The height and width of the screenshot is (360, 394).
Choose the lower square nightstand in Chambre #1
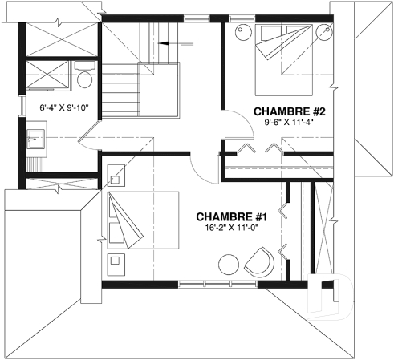tap(116, 261)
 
